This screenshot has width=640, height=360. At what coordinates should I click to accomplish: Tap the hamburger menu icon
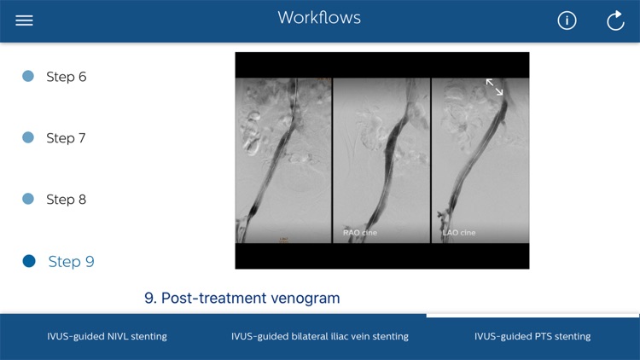24,20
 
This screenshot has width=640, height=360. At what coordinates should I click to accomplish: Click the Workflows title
319,18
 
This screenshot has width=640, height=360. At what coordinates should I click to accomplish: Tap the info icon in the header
567,20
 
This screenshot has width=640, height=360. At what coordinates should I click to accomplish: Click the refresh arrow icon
615,20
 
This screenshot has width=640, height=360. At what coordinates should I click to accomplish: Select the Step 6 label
66,77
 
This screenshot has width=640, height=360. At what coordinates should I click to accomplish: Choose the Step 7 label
66,138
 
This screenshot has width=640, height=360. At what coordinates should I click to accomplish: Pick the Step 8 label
66,200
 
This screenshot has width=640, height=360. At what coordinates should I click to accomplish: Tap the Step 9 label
71,262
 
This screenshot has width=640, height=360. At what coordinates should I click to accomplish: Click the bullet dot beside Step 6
28,76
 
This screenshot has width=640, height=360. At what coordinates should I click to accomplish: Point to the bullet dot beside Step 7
28,137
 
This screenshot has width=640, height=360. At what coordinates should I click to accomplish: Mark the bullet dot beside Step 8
28,199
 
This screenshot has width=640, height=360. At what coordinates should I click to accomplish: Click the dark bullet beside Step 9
29,261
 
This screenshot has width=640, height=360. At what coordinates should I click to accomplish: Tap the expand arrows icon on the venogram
495,87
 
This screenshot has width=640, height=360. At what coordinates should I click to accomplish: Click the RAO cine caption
360,232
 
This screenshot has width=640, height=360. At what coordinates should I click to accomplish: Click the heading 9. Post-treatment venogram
242,299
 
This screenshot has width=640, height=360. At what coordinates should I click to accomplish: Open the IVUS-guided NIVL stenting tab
107,336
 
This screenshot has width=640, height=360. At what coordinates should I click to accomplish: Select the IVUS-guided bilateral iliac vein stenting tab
320,336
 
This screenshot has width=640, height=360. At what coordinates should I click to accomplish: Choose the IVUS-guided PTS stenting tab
532,336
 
